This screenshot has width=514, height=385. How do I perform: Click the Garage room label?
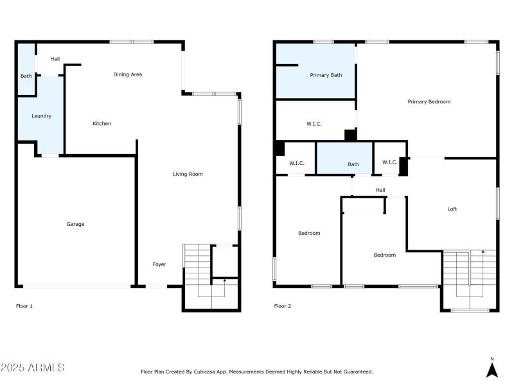pos(75,224)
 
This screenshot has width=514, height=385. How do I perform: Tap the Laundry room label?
pos(42,116)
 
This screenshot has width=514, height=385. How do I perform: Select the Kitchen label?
pos(102,123)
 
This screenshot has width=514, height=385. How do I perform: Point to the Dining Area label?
pos(128,74)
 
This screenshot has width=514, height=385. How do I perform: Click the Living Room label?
pos(188,174)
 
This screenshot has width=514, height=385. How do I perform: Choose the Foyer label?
pos(159,264)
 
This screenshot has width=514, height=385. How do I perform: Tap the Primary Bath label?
pos(326,75)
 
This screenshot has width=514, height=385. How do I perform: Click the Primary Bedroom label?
pos(429,101)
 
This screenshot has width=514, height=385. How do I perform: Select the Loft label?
pos(452,209)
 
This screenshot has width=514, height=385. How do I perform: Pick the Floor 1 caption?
pos(24,306)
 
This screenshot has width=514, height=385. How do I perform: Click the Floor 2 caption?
pos(283,306)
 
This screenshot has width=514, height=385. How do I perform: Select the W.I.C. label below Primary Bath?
pos(314,124)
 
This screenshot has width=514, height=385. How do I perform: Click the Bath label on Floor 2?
pos(353,164)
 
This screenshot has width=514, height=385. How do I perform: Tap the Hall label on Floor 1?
pos(55,59)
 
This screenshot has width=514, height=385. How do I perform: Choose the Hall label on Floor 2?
pos(380,190)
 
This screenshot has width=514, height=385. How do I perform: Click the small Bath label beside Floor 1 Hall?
pos(26,76)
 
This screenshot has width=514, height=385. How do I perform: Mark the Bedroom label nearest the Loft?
pos(385,255)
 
